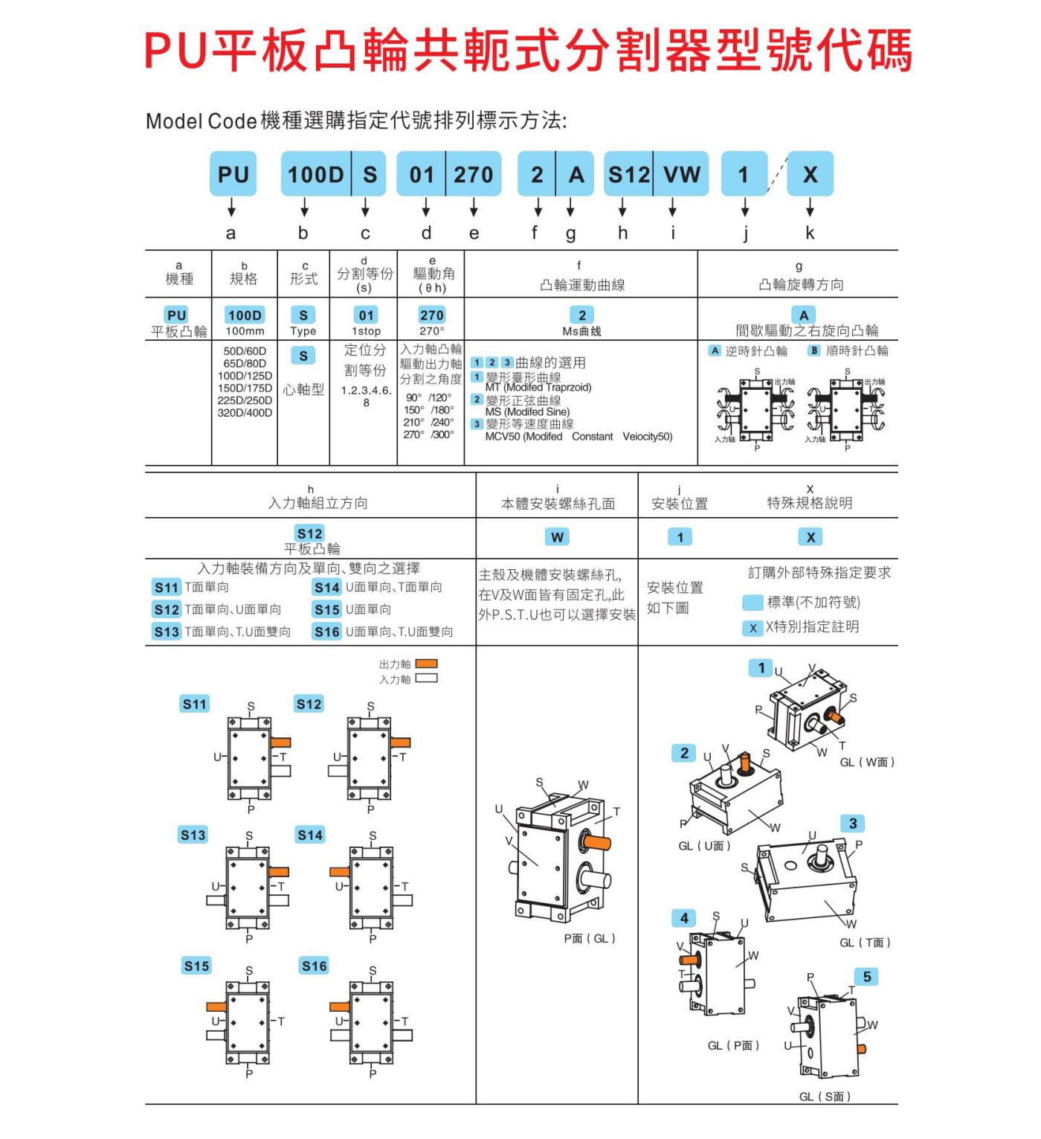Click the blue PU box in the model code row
coord(233,174)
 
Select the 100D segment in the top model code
coord(315,174)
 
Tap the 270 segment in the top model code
coord(474,174)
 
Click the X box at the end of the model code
coord(810,174)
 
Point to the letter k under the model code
coord(810,233)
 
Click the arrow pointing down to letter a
coord(231,207)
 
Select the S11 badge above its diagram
coord(195,704)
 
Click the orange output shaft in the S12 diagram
coord(400,742)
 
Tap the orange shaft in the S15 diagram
coord(216,1007)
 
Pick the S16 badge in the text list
coord(326,632)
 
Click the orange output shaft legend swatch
coord(426,664)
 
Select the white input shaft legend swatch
coord(426,678)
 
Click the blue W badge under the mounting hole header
coord(557,537)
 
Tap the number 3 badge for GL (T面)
coord(853,823)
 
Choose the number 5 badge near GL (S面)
coord(866,976)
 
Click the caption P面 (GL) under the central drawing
coord(589,939)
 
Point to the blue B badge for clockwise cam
coord(814,350)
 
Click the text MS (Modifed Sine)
coord(527,412)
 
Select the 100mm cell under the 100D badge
coord(245,331)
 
